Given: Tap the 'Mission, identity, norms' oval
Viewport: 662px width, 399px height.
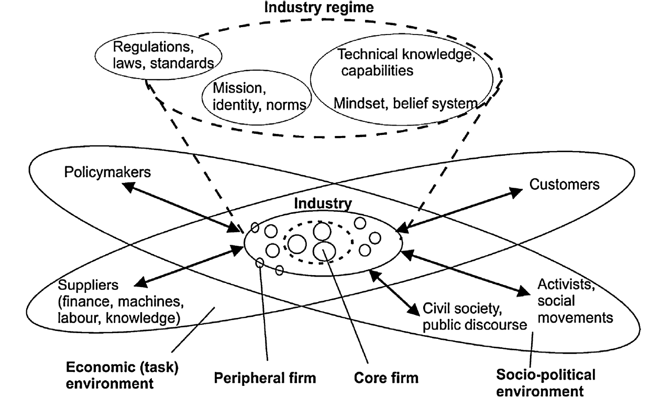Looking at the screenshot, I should pos(254,97).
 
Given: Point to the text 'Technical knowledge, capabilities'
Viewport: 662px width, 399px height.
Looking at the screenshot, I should pos(406,62).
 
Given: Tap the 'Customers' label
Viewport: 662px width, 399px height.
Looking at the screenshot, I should pos(565,184).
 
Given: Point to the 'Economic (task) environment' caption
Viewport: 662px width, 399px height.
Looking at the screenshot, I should pos(123,375).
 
